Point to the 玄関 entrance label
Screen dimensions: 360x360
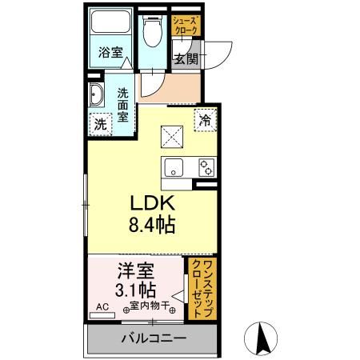click(186, 58)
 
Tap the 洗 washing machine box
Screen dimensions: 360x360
click(101, 124)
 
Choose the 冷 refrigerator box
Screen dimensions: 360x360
click(206, 119)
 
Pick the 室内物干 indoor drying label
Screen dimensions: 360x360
click(148, 305)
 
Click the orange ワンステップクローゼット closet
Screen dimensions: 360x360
click(203, 287)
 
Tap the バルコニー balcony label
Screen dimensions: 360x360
click(153, 339)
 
